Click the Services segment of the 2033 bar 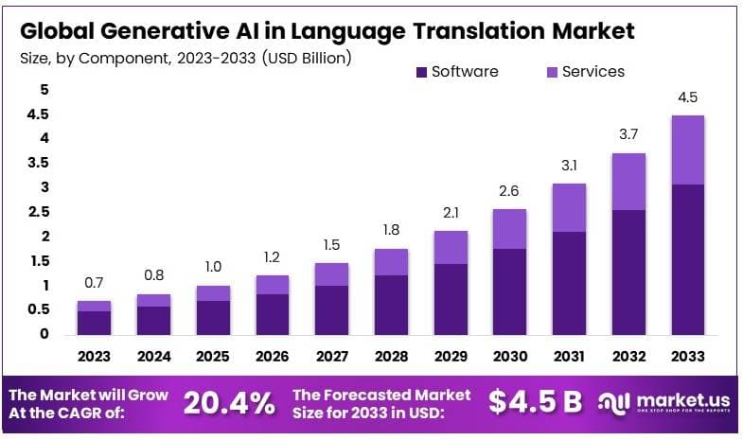pyautogui.click(x=687, y=150)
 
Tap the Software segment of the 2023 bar pyautogui.click(x=94, y=323)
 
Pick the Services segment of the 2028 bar pyautogui.click(x=392, y=262)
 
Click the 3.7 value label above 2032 pyautogui.click(x=628, y=135)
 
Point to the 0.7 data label pyautogui.click(x=94, y=283)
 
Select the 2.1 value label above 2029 pyautogui.click(x=451, y=212)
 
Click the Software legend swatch pyautogui.click(x=421, y=72)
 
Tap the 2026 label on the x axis pyautogui.click(x=273, y=357)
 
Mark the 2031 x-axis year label pyautogui.click(x=570, y=357)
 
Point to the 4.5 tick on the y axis pyautogui.click(x=38, y=114)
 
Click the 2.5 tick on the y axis pyautogui.click(x=38, y=212)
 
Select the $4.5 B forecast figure pyautogui.click(x=535, y=402)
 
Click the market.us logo pyautogui.click(x=663, y=403)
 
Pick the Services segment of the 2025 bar pyautogui.click(x=213, y=293)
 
